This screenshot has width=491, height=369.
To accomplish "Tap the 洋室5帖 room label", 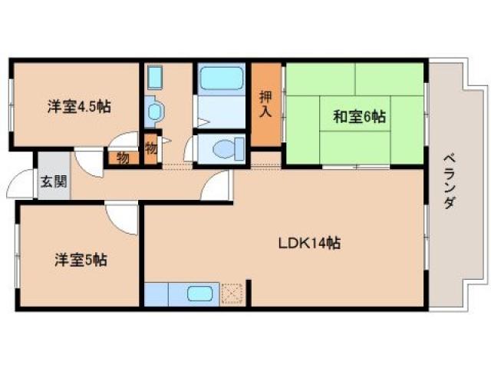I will pyautogui.click(x=79, y=260).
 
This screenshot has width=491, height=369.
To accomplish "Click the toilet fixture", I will pyautogui.click(x=227, y=148).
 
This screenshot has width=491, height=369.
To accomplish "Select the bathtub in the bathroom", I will pyautogui.click(x=221, y=80).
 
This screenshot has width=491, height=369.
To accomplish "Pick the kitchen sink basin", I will pyautogui.click(x=202, y=294).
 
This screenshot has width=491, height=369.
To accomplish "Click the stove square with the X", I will pyautogui.click(x=232, y=294).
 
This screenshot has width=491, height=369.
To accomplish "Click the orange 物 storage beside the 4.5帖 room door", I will pyautogui.click(x=123, y=157).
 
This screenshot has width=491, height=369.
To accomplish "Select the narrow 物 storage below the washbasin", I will pyautogui.click(x=150, y=147).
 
